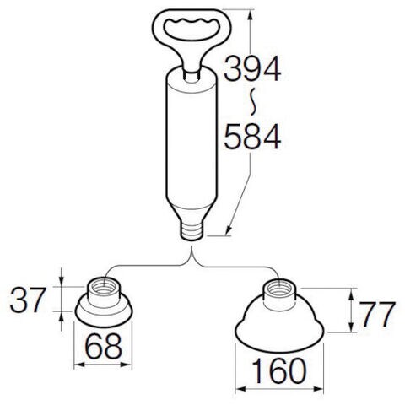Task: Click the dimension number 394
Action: click(x=252, y=68)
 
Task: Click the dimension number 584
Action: click(x=252, y=137)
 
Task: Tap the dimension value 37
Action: click(x=28, y=300)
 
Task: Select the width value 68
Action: click(x=104, y=347)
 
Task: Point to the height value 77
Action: click(x=377, y=314)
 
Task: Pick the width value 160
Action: click(x=279, y=371)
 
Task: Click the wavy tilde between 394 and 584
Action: click(x=253, y=101)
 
